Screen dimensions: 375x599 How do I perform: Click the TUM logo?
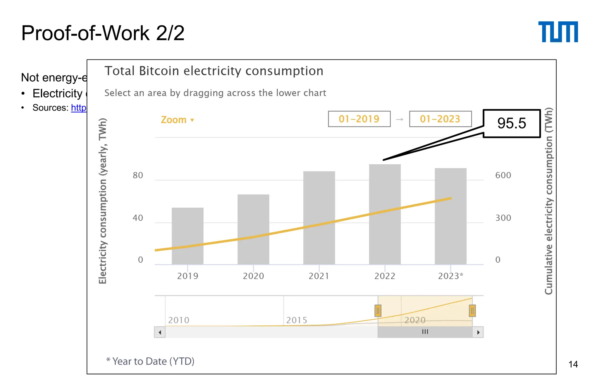[558, 32]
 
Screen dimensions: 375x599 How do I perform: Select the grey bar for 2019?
[187, 236]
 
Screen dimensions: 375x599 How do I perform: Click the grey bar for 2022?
[385, 214]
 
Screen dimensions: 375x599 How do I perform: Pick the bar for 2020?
[253, 229]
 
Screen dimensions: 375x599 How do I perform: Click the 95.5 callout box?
[511, 123]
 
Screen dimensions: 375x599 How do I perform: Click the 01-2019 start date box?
[359, 119]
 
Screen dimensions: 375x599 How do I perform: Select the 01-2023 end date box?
[440, 119]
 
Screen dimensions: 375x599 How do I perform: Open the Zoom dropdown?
[177, 120]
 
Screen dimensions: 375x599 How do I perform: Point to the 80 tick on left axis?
[138, 175]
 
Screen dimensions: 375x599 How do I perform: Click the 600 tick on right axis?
[503, 175]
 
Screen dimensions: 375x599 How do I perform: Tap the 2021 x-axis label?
[319, 276]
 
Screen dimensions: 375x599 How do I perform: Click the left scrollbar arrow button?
[160, 332]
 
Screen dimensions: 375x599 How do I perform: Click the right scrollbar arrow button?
[478, 332]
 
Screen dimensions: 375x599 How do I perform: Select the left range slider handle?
[378, 311]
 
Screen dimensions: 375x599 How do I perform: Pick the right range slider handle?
[472, 311]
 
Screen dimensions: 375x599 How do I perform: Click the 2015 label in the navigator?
[297, 320]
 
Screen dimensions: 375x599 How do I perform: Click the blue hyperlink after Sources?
[79, 108]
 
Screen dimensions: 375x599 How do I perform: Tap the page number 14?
[573, 364]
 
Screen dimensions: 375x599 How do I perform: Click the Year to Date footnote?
[150, 361]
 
